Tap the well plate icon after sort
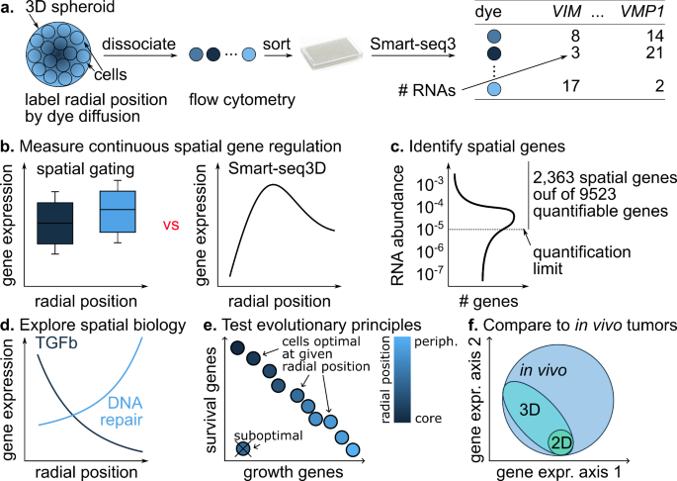[332, 52]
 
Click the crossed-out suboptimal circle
[243, 450]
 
